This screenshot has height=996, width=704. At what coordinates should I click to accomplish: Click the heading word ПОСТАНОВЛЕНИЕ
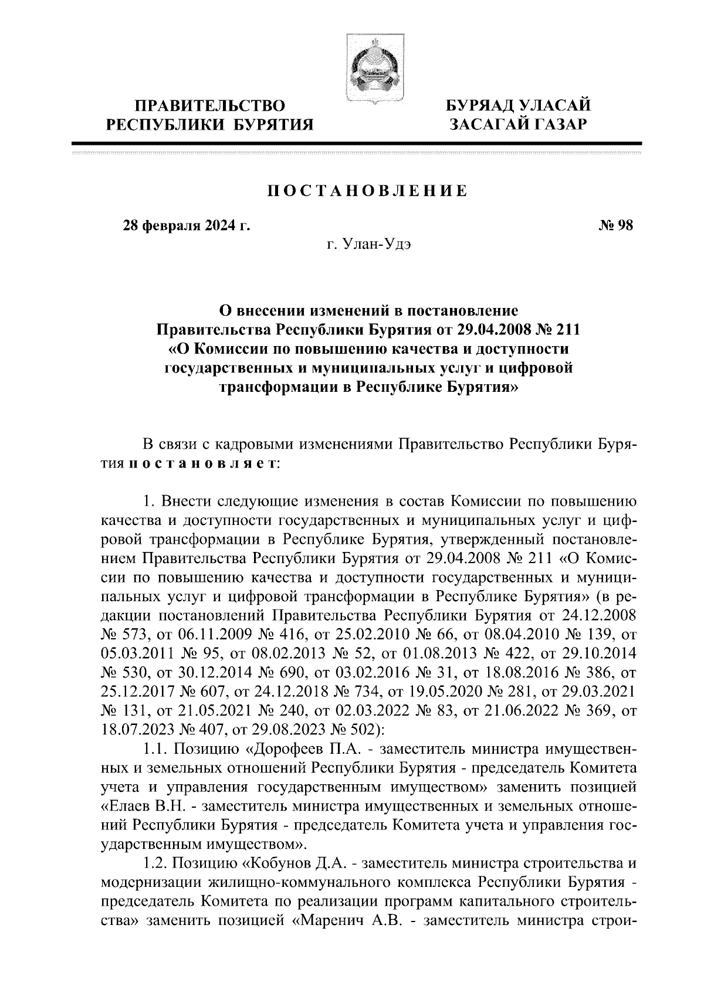367,191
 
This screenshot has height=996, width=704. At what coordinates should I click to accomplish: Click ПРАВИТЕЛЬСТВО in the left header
210,106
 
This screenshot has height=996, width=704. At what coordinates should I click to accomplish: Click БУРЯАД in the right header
482,106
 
